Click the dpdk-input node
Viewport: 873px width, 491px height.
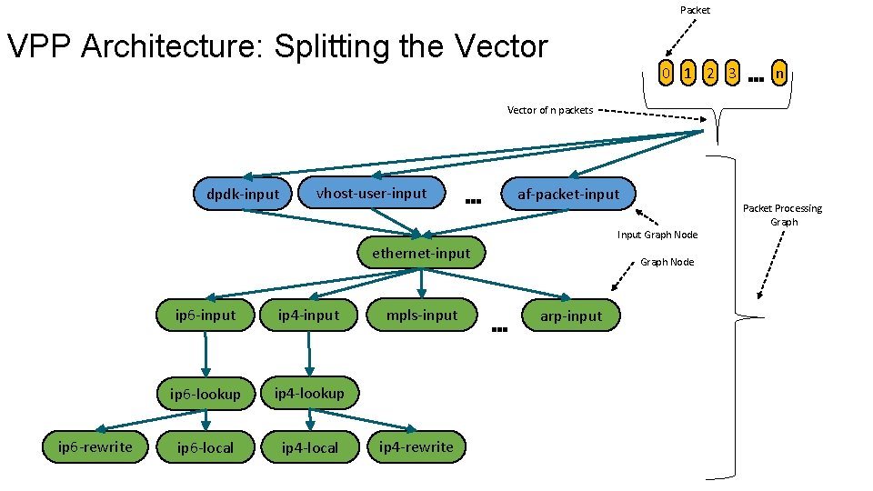pos(243,194)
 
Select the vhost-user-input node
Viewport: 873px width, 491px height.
pos(371,193)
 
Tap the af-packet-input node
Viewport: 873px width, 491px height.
pos(568,194)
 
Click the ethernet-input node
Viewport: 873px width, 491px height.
pos(421,254)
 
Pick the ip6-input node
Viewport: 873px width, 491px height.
pos(205,316)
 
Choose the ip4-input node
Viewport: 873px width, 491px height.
pos(308,316)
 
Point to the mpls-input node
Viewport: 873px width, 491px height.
pos(421,315)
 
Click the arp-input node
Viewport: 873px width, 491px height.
pos(571,316)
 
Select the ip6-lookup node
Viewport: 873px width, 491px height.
pos(206,394)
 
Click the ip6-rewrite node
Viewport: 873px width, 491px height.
pos(95,446)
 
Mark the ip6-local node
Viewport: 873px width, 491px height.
pos(206,447)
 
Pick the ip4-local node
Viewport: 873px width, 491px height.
pos(310,447)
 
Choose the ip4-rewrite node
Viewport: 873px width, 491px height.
pos(416,446)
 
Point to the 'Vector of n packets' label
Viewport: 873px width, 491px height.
pos(549,110)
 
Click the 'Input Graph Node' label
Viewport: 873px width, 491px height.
pos(657,235)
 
